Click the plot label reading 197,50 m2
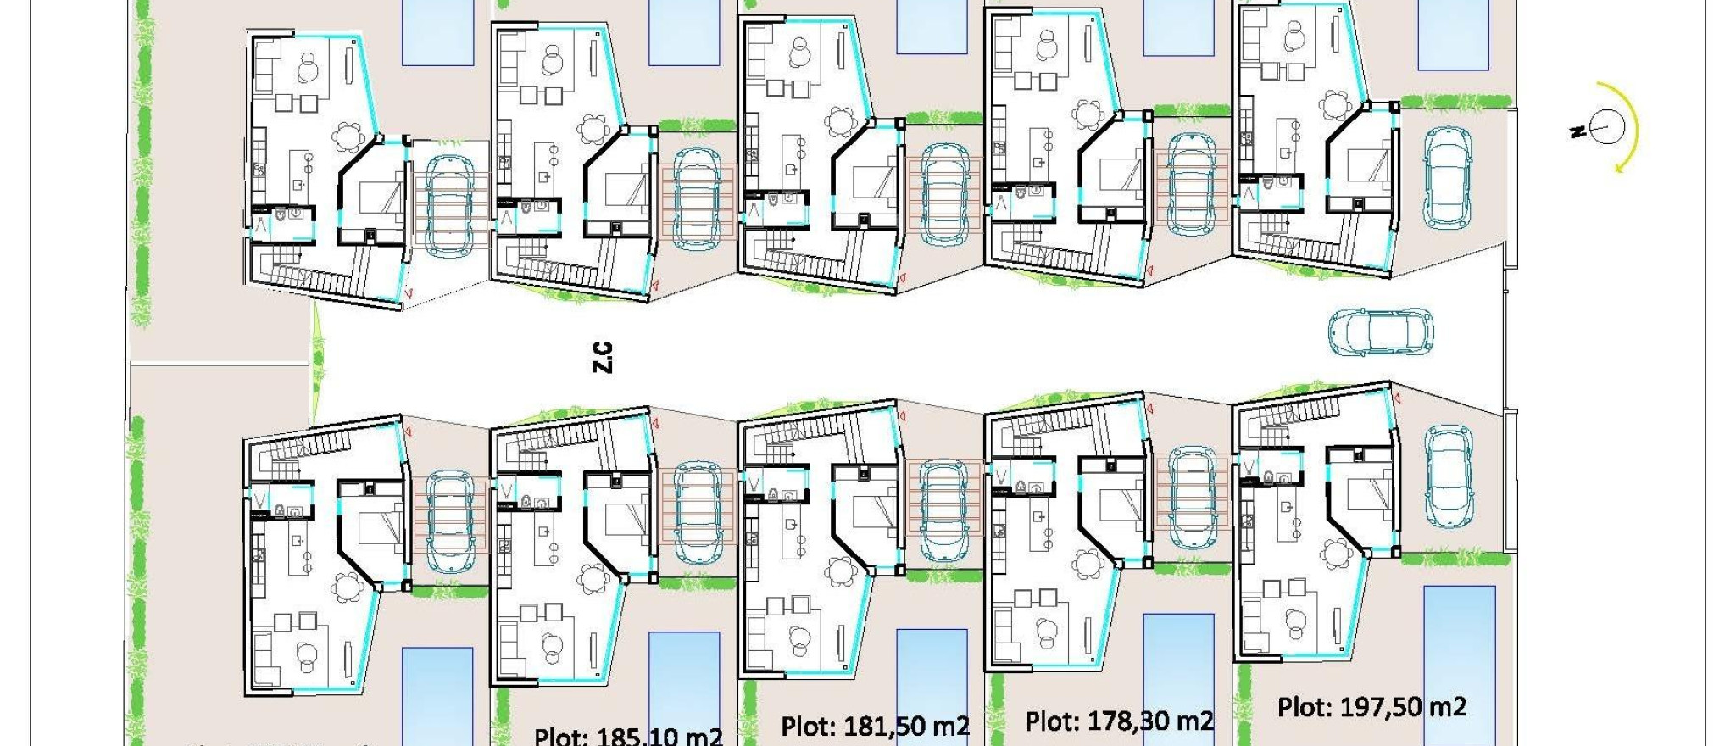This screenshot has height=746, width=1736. [1372, 707]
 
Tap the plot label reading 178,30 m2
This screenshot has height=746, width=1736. [1119, 721]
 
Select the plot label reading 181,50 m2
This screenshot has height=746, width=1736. [875, 727]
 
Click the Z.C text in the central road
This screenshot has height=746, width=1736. [602, 357]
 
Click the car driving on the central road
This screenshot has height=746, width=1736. [1380, 331]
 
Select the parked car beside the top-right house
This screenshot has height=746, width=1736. [1447, 178]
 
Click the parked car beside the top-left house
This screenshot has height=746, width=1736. [448, 206]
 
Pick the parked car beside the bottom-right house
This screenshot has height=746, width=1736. [1447, 476]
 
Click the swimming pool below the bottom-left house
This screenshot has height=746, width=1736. [437, 695]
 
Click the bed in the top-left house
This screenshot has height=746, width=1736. [381, 198]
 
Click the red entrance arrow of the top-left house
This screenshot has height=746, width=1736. [409, 292]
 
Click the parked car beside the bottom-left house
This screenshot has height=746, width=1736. [448, 520]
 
